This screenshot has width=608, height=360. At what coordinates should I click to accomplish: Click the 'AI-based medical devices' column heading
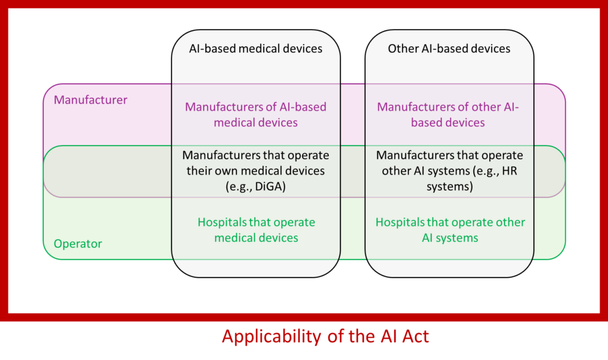click(255, 49)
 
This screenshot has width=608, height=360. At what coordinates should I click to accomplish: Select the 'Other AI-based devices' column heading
click(449, 49)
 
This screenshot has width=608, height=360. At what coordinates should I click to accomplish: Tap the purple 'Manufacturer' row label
click(90, 100)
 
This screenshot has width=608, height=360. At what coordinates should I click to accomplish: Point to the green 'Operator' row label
click(78, 244)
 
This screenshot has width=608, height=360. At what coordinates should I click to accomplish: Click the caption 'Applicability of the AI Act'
click(325, 337)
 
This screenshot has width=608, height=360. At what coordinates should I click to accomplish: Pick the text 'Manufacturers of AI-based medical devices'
click(255, 115)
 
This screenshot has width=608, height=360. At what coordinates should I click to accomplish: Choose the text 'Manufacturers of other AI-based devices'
click(448, 115)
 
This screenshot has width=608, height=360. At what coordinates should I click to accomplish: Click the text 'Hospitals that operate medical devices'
click(256, 230)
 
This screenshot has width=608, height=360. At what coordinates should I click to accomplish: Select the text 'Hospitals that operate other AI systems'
click(450, 230)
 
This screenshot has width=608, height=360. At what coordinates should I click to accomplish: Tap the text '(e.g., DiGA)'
click(255, 186)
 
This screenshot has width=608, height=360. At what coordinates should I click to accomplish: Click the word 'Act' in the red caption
click(414, 337)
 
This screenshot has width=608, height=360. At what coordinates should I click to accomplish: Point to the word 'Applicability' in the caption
click(271, 337)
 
